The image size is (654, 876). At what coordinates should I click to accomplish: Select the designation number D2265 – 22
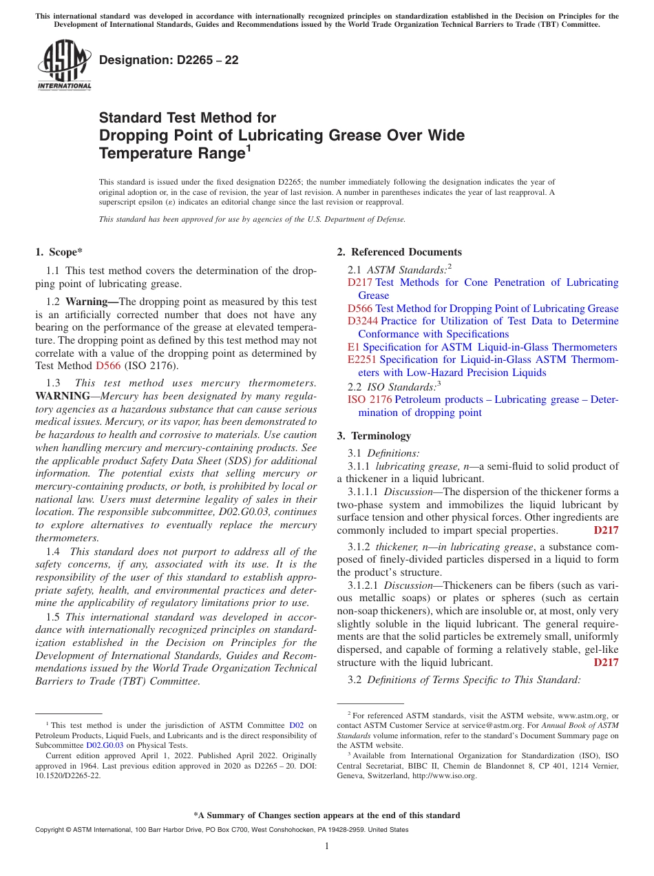coord(169,60)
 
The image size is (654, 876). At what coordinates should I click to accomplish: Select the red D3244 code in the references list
coord(363,321)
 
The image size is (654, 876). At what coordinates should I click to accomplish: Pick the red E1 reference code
coord(353,347)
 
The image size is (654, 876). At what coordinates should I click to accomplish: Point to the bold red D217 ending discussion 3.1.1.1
coord(606,530)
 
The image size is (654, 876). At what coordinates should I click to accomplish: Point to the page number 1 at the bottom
coord(327,846)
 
